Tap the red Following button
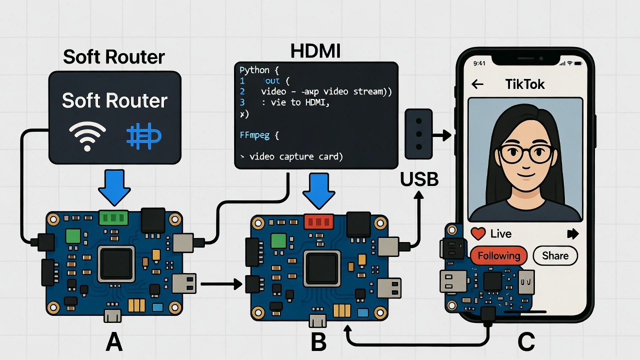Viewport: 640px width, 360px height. pos(498,256)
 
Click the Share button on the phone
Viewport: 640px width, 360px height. pos(555,256)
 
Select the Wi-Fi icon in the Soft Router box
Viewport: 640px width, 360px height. pos(87,136)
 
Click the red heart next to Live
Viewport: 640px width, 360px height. pos(478,233)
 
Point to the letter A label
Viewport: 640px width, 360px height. pos(114,342)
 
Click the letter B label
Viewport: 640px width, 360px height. pos(318,342)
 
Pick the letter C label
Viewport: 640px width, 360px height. pos(526,342)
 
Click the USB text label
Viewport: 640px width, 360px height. pos(419,179)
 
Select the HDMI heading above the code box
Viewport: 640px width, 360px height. pos(315,51)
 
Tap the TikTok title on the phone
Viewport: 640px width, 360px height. pos(524,84)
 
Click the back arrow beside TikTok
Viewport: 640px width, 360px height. pos(477,84)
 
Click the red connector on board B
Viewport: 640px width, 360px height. pos(318,221)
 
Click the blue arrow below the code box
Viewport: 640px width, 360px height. pos(318,190)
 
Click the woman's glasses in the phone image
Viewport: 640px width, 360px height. pos(525,153)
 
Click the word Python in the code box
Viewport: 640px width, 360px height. pos(254,70)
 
